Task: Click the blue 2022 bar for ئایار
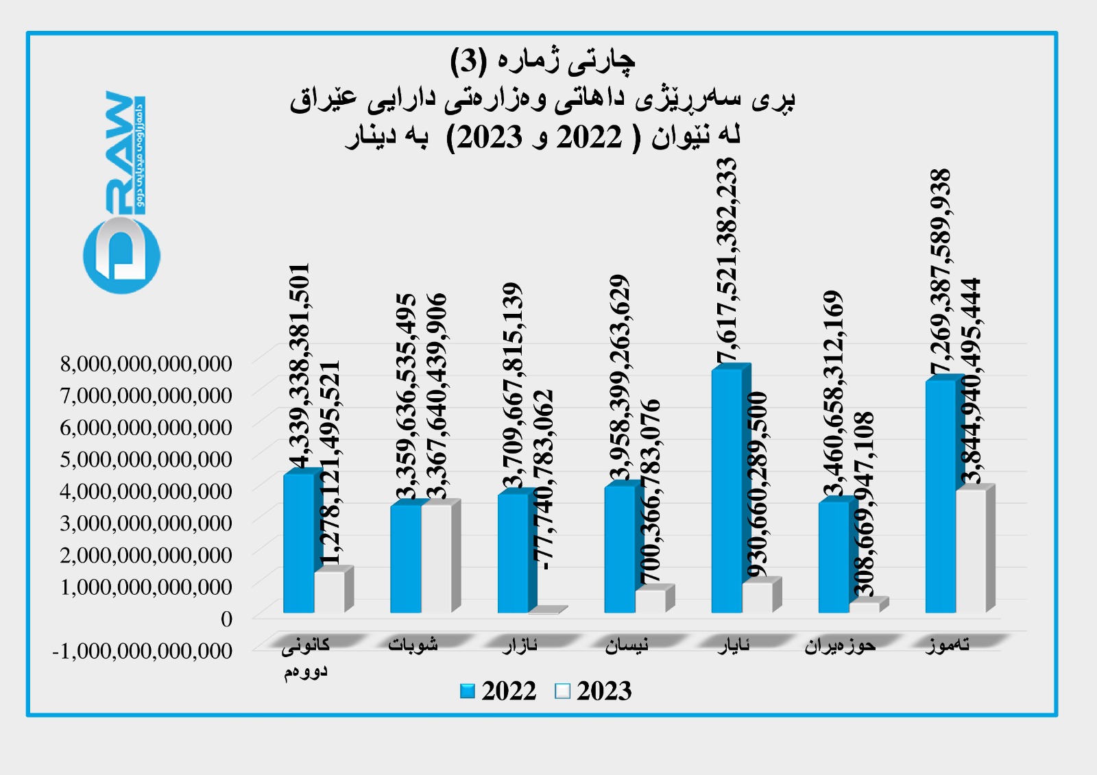(727, 490)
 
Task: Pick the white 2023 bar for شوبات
(436, 558)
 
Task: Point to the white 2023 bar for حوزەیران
(864, 607)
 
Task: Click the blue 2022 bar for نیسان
(620, 548)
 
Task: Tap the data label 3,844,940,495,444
(971, 380)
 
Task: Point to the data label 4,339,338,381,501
(300, 367)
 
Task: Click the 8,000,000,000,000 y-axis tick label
(146, 363)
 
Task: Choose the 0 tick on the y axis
(226, 619)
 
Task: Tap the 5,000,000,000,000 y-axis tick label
(146, 459)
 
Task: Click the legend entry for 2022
(499, 691)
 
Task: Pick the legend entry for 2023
(594, 691)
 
